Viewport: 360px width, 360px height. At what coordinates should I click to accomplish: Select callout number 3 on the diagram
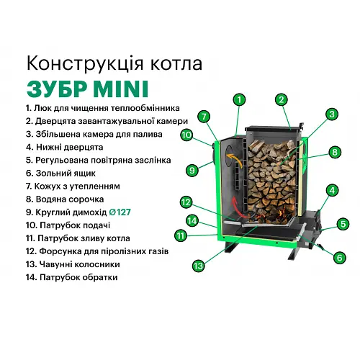pos(331,114)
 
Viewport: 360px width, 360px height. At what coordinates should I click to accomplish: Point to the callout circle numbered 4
pos(332,191)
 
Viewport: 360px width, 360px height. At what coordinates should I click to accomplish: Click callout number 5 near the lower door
pos(343,224)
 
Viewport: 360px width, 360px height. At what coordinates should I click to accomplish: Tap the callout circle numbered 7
pos(204,116)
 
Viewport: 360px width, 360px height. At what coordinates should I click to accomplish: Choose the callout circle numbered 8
pos(334,152)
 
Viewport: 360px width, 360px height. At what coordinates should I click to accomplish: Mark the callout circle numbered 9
pos(192,170)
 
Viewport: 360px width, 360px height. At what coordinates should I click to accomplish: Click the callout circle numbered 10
pos(186,134)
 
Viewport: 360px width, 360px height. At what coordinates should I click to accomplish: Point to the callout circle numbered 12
pos(186,202)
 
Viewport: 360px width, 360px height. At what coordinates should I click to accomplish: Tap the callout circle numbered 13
pos(197,266)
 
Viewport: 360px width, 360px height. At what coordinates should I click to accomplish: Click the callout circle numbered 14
pos(192,220)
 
